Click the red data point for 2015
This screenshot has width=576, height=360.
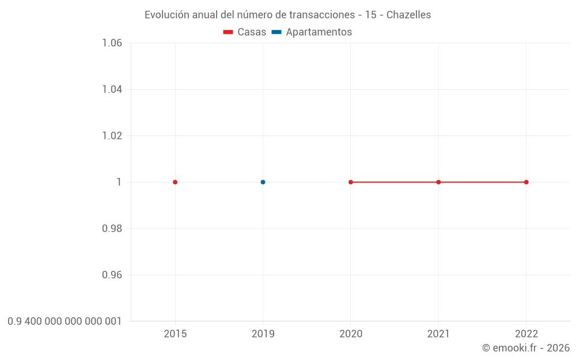(x=175, y=182)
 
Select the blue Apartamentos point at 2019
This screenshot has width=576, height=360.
(x=263, y=182)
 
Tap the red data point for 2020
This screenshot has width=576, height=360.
(x=351, y=182)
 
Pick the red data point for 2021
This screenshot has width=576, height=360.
(x=438, y=182)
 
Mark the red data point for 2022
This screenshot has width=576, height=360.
(x=526, y=182)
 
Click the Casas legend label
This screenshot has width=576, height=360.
(x=252, y=32)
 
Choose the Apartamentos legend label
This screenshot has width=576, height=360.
(x=319, y=32)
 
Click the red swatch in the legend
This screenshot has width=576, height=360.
(x=228, y=32)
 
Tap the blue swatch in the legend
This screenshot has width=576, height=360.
(x=276, y=32)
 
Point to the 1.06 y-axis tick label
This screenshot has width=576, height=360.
(x=112, y=43)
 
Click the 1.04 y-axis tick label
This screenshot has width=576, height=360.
(x=112, y=89)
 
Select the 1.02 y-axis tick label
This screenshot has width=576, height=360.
(x=112, y=136)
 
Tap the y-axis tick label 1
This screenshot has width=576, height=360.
(x=119, y=182)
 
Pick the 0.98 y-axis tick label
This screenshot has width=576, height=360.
(x=112, y=229)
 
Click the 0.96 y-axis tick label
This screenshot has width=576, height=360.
(x=112, y=275)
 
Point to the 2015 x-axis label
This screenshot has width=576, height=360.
(x=175, y=334)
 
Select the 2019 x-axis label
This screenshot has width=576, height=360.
(x=263, y=334)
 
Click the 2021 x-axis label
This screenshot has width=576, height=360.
(x=438, y=334)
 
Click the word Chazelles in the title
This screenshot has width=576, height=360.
(x=408, y=15)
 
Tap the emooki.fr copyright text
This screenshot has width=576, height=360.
(x=525, y=348)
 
